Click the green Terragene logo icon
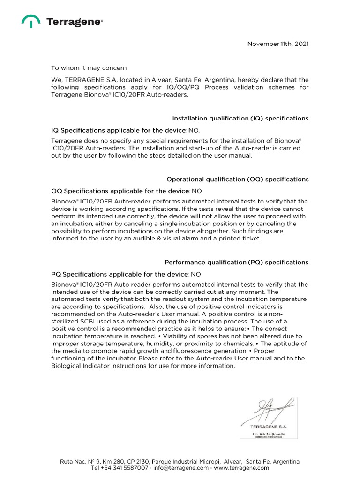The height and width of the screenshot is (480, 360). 31,21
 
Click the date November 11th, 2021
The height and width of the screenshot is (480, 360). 278,44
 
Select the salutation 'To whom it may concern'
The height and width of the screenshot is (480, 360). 89,68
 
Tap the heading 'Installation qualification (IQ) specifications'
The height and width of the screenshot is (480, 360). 240,119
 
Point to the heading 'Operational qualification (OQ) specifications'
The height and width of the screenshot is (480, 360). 238,180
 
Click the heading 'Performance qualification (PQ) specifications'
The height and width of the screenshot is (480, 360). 237,262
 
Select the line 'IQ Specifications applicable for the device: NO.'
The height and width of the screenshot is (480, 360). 128,130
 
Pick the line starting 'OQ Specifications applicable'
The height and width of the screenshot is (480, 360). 127,191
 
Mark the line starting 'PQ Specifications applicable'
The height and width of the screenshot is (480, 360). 126,274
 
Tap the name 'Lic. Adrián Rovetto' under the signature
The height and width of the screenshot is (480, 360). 269,435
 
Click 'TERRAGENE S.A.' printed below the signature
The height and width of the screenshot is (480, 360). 269,427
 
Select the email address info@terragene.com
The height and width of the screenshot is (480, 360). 180,468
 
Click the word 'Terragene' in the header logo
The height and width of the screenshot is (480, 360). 74,21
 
